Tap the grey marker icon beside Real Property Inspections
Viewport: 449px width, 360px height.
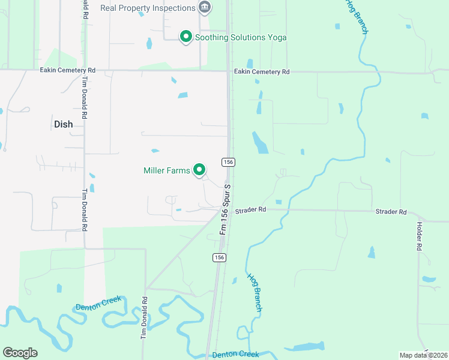click(205, 7)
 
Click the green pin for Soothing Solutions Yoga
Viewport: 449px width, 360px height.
click(186, 37)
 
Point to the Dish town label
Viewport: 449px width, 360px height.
click(63, 124)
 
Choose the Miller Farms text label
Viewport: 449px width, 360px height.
click(167, 170)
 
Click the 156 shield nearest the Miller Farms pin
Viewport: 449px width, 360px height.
click(228, 163)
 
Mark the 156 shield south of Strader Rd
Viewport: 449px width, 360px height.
click(219, 257)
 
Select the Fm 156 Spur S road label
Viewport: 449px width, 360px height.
click(226, 209)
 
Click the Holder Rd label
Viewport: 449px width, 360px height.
click(419, 236)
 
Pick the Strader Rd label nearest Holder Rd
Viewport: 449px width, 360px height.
click(391, 212)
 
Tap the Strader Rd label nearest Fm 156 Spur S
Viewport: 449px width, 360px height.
click(250, 210)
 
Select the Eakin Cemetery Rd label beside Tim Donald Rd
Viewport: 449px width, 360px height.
click(68, 70)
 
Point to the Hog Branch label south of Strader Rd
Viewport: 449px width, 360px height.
click(255, 293)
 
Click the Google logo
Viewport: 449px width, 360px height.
click(20, 353)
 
